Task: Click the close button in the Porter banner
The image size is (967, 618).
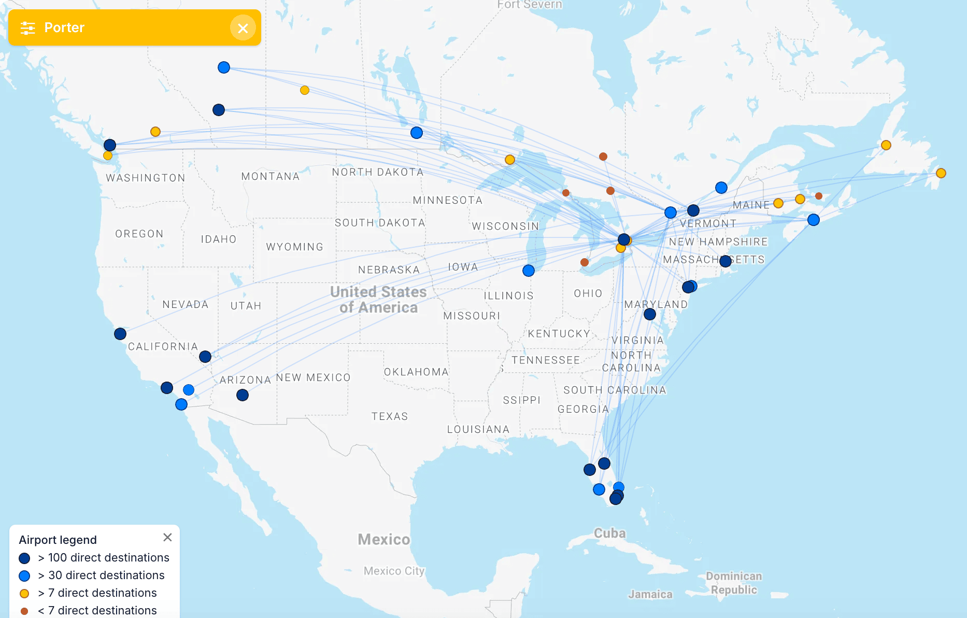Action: [x=243, y=28]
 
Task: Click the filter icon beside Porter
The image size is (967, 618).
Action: [x=27, y=28]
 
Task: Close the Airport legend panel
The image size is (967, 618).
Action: [x=167, y=538]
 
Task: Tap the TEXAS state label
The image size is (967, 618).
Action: [x=390, y=416]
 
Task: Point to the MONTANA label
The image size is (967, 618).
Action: [x=271, y=176]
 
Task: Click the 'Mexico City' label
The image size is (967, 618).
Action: [x=394, y=571]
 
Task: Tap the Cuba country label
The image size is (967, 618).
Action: [x=609, y=533]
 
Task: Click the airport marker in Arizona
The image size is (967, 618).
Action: [x=243, y=395]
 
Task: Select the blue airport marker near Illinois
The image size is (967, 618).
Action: [x=529, y=271]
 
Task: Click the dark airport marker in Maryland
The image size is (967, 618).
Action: [x=650, y=314]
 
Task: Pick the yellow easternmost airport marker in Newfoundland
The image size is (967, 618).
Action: [x=941, y=173]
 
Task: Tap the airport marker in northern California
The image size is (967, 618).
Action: [x=120, y=334]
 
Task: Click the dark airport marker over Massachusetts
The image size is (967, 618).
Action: [x=726, y=261]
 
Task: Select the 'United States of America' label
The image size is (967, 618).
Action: [x=378, y=300]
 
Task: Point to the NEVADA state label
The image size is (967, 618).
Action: [x=186, y=304]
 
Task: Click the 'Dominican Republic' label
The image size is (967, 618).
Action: [x=734, y=583]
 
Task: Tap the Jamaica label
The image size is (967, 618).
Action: [x=650, y=594]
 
